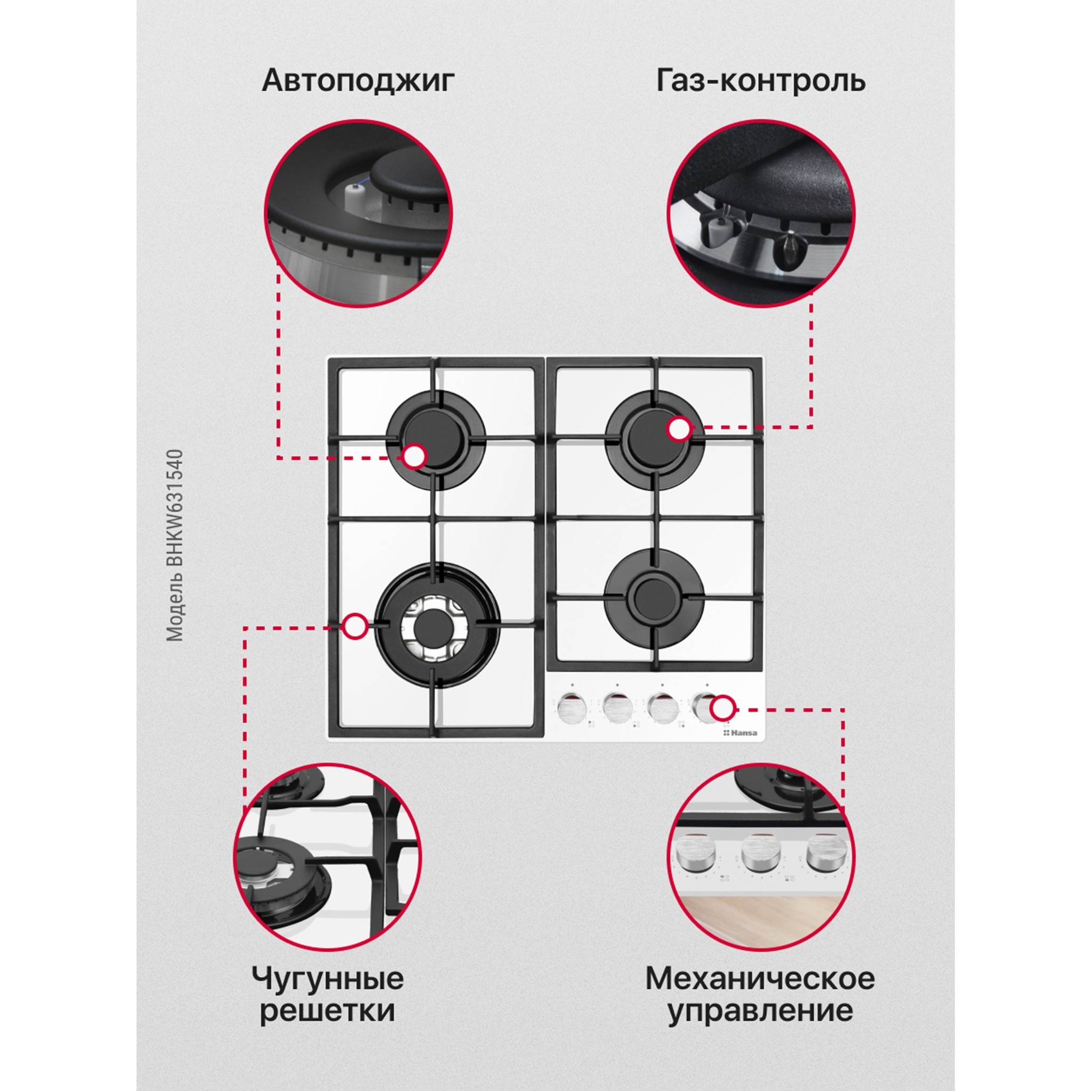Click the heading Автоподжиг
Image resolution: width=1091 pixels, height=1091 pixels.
(358, 81)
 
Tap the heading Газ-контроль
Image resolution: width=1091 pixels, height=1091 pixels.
(760, 81)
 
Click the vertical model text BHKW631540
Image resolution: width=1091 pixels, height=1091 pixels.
(176, 545)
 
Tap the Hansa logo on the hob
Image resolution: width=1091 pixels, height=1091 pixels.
(742, 733)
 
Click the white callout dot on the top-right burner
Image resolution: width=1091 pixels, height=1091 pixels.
(679, 429)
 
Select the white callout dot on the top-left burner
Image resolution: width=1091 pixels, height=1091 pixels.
(415, 457)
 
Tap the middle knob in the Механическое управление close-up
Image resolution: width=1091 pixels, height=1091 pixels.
(760, 854)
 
